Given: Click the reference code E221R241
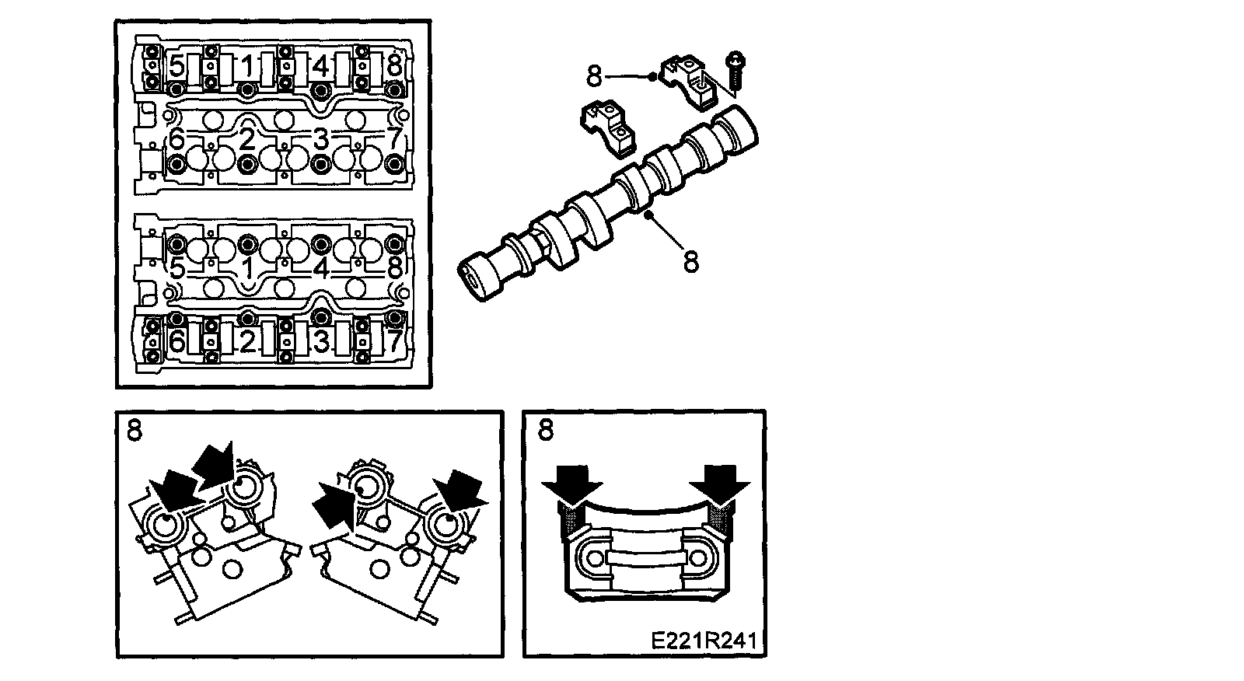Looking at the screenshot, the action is (x=704, y=641).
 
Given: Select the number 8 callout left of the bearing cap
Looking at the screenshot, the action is (x=594, y=76).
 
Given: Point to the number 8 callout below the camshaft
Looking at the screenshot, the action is (x=691, y=262).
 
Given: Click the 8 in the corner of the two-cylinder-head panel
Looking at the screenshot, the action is (x=135, y=430).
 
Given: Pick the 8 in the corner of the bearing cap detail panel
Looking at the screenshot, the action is (x=546, y=430).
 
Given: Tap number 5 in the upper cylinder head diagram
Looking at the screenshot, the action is (x=176, y=67).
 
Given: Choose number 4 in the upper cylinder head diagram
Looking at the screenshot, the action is (x=320, y=67).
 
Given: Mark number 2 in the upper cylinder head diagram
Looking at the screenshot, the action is (x=247, y=139).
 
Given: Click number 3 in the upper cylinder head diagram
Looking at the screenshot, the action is (x=320, y=139).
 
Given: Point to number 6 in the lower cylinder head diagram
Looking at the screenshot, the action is (x=176, y=341).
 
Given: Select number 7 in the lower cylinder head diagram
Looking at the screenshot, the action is (x=393, y=341).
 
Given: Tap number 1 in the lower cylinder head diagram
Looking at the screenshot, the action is (x=248, y=269).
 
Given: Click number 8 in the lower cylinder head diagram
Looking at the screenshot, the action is (x=393, y=269).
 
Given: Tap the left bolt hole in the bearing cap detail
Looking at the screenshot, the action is (x=595, y=557).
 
